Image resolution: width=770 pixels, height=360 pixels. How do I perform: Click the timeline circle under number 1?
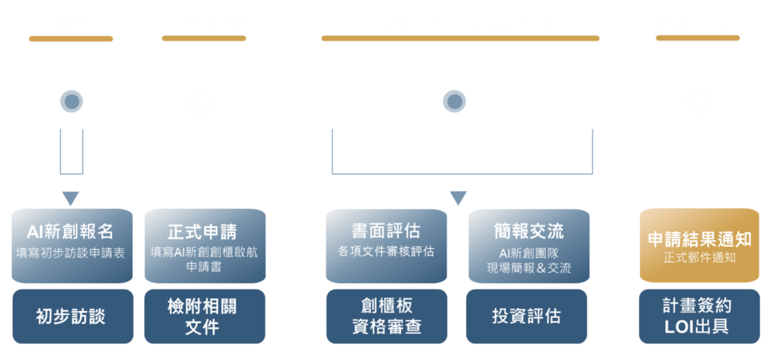point(71,101)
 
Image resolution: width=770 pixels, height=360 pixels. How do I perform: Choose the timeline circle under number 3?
point(454,101)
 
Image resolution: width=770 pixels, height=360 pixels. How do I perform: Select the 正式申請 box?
point(205,245)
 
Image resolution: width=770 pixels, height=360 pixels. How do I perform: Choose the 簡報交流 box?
point(529,245)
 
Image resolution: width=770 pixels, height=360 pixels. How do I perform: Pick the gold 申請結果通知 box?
point(699,245)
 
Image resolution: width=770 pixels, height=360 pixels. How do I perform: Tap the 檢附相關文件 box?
point(205,316)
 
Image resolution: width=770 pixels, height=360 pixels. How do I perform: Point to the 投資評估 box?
point(529,316)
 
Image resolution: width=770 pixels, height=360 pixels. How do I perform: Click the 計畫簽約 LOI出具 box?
point(699,316)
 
